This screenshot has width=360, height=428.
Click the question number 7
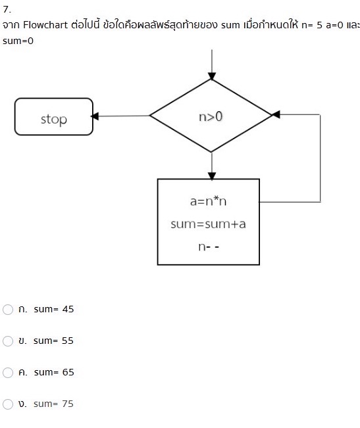click(x=7, y=10)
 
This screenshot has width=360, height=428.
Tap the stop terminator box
click(x=54, y=117)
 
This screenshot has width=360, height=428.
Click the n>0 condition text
click(x=211, y=116)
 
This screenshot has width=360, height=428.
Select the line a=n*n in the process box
click(x=208, y=201)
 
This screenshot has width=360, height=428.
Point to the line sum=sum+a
click(x=208, y=224)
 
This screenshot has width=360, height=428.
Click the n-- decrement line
click(x=208, y=247)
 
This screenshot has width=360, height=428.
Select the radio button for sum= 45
click(x=8, y=310)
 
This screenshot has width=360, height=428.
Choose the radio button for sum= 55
click(x=8, y=341)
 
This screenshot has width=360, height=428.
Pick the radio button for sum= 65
click(x=8, y=373)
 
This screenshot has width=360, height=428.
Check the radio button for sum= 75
click(x=8, y=404)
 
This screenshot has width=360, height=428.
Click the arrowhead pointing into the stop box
click(x=95, y=116)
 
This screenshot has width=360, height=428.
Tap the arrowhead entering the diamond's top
click(x=211, y=75)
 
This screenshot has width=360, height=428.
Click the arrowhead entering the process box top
click(x=211, y=175)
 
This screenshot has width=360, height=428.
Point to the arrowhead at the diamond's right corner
click(x=276, y=114)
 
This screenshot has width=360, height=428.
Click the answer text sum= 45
click(x=53, y=310)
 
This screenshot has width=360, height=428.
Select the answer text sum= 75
click(x=53, y=404)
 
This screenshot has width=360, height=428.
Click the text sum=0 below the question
click(x=18, y=41)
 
